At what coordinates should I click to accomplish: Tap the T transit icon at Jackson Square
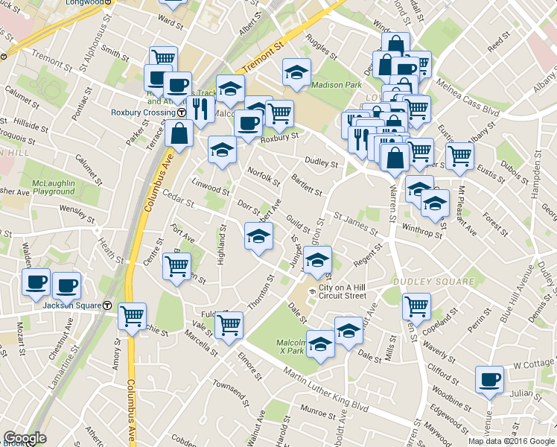108,305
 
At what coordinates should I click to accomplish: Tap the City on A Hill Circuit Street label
343,291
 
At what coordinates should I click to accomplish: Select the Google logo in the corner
25,438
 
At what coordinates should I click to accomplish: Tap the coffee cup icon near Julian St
490,379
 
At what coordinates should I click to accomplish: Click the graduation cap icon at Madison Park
296,72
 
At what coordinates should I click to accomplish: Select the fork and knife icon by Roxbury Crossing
200,109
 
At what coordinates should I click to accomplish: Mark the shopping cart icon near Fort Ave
176,265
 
